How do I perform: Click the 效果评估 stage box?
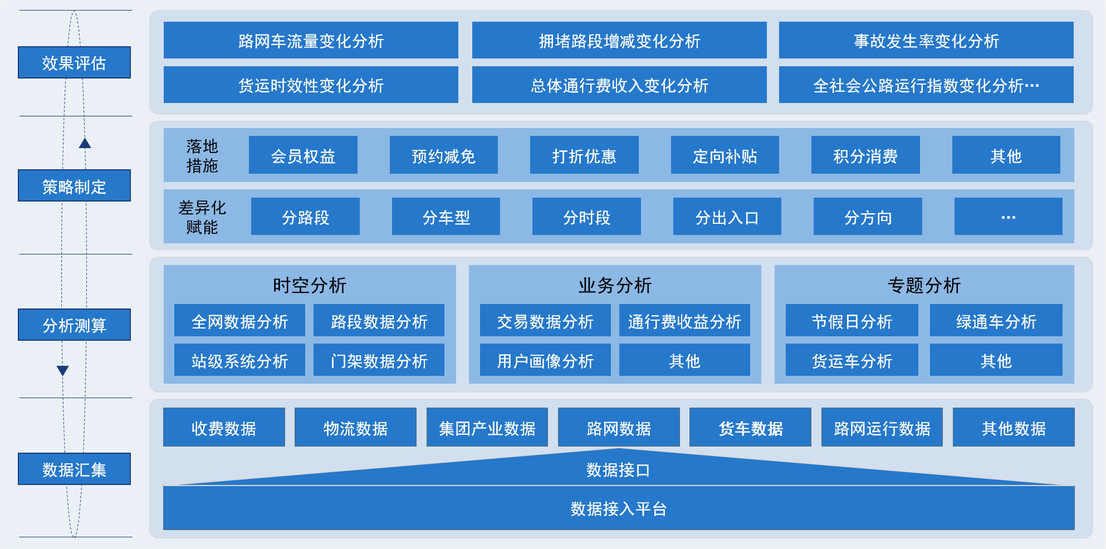[x=74, y=62]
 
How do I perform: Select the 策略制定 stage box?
[x=74, y=185]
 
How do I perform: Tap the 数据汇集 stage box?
[x=74, y=469]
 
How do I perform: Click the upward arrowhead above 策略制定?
[x=85, y=144]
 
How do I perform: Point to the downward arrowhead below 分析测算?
[x=63, y=370]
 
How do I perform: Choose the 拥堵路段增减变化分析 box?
[x=619, y=40]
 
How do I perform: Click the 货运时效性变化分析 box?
[x=311, y=85]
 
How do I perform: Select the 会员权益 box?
[x=303, y=155]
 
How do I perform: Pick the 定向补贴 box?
[x=725, y=155]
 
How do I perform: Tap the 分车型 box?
[x=446, y=217]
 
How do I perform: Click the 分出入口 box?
[x=727, y=217]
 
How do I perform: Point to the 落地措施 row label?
[x=202, y=156]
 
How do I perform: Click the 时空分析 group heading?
[x=310, y=285]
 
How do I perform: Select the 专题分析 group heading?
[x=924, y=285]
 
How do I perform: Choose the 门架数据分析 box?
[x=379, y=360]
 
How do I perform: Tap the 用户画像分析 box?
[x=545, y=360]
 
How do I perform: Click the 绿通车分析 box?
[x=996, y=321]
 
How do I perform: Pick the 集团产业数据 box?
[x=487, y=428]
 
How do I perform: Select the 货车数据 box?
[x=750, y=428]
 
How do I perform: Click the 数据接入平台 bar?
[x=618, y=508]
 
